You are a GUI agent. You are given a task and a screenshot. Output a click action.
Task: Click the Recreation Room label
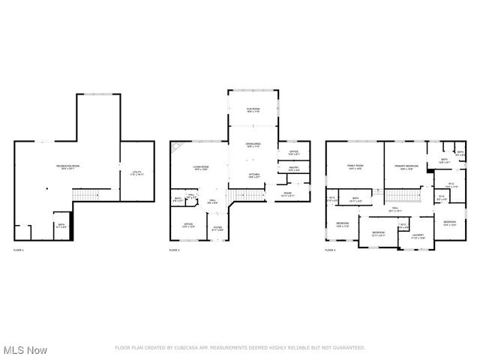[x=67, y=166]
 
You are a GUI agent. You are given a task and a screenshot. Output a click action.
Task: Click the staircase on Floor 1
[x=86, y=196]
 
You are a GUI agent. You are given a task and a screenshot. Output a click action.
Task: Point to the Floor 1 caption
[x=18, y=249]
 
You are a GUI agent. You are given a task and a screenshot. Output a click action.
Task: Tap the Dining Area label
[x=253, y=145]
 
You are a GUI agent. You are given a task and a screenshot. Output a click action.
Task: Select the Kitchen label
[x=253, y=175]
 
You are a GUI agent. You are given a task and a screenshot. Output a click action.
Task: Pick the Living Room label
[x=200, y=168]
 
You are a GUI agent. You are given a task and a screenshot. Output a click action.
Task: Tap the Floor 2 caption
[x=174, y=249]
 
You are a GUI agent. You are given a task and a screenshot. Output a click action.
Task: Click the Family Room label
[x=355, y=166]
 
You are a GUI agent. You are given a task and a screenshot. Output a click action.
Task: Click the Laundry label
[x=418, y=235]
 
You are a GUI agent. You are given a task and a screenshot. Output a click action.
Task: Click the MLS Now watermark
[x=25, y=350]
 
